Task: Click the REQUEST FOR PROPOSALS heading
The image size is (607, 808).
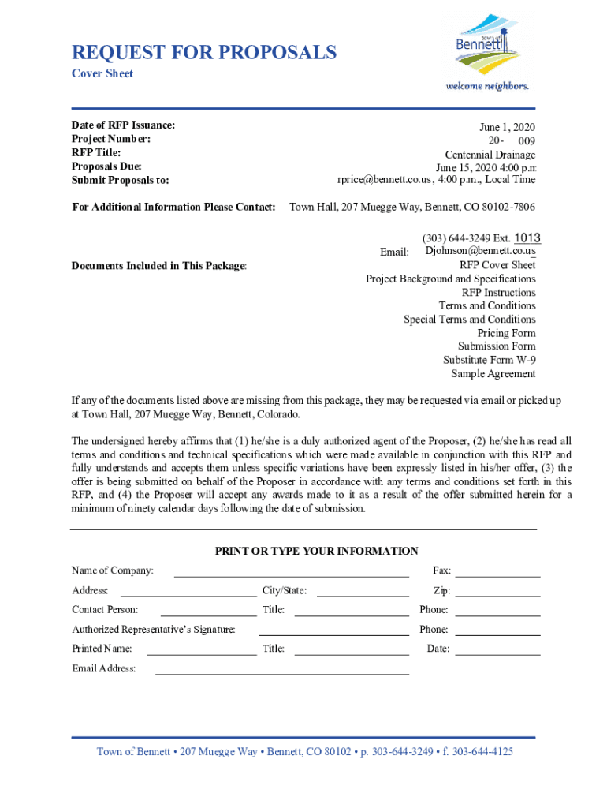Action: (204, 53)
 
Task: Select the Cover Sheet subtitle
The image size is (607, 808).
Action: (102, 74)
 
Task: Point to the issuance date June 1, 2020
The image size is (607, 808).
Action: (508, 128)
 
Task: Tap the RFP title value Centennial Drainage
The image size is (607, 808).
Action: (490, 155)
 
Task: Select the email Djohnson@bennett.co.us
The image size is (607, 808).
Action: (480, 251)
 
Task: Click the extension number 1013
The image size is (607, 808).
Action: (527, 238)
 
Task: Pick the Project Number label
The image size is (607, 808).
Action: (110, 139)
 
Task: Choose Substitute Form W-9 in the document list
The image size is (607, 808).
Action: (489, 360)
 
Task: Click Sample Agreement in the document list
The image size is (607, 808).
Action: (493, 374)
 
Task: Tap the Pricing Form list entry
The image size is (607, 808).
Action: (506, 333)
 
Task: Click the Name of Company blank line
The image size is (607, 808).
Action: (291, 574)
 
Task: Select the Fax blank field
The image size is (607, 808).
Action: (497, 574)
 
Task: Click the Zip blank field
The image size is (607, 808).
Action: (497, 594)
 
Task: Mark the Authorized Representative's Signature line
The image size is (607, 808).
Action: (333, 633)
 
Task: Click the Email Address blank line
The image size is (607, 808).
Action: (281, 672)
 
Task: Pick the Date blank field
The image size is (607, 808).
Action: (497, 653)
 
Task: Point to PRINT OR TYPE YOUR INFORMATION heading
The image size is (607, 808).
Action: (316, 552)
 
